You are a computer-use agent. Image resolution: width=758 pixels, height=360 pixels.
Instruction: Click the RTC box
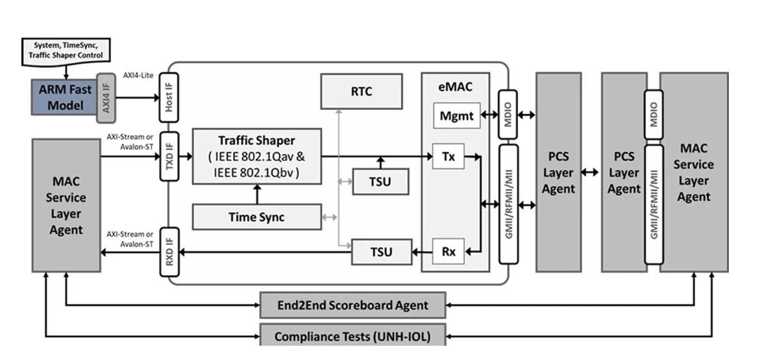pos(361,91)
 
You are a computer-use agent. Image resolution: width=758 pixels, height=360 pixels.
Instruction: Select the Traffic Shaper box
pos(256,156)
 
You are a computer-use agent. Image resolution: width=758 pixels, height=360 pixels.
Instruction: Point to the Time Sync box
pos(256,217)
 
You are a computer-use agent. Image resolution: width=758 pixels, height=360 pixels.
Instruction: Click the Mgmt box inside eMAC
pos(457,117)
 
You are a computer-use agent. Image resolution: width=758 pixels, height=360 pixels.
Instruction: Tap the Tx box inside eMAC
pos(448,156)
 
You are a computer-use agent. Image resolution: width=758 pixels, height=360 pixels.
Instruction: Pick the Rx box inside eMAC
pos(448,252)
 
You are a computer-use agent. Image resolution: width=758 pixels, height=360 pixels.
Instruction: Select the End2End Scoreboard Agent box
pos(352,305)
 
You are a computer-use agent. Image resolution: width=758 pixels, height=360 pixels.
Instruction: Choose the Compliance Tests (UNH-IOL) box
pos(352,336)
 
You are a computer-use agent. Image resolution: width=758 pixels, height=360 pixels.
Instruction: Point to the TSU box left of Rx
pos(382,252)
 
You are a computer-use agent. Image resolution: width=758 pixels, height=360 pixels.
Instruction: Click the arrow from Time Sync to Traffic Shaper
pos(256,194)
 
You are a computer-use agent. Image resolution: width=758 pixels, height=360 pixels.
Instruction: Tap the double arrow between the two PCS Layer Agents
pos(591,173)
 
